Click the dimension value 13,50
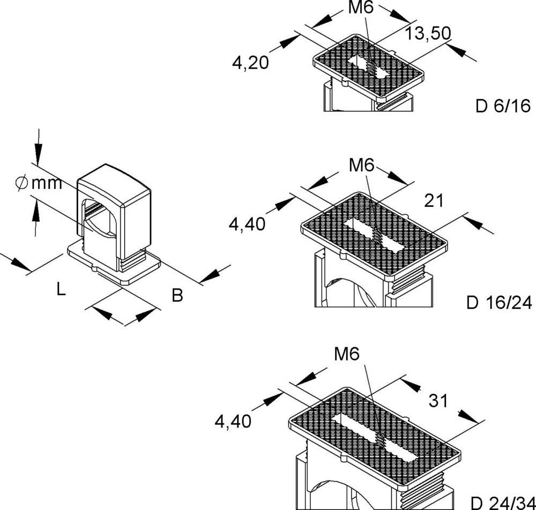click(427, 34)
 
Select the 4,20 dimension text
click(250, 63)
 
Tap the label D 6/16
click(503, 106)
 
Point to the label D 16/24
click(499, 303)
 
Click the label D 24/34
click(502, 503)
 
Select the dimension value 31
click(438, 400)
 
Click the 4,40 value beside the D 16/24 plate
click(247, 224)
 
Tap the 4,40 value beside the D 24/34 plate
click(233, 422)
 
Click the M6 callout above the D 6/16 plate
click(361, 8)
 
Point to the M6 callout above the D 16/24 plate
click(361, 165)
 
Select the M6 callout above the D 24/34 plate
click(346, 354)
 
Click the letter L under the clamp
click(61, 290)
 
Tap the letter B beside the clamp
click(177, 295)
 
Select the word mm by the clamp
click(47, 184)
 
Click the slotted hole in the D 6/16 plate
click(367, 67)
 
